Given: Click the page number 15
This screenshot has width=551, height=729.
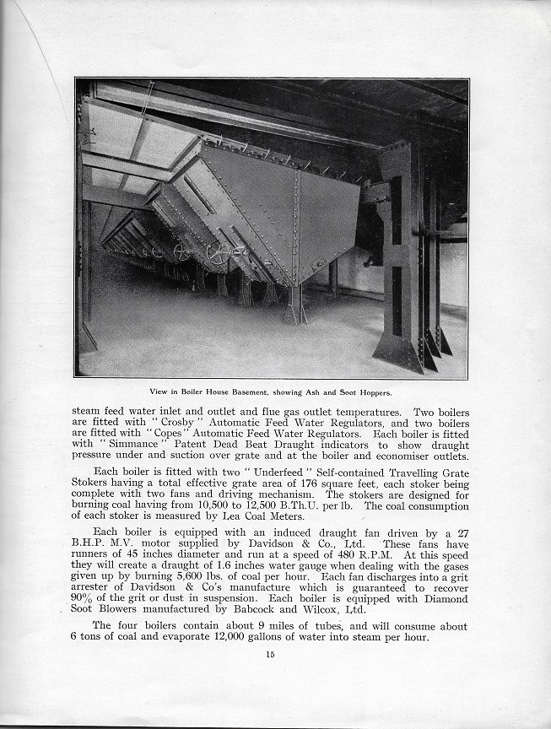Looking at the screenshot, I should click(270, 655).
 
